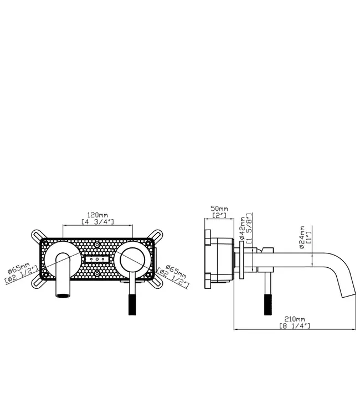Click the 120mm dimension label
pyautogui.click(x=97, y=214)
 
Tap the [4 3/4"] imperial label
pyautogui.click(x=97, y=221)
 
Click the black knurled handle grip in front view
pyautogui.click(x=132, y=302)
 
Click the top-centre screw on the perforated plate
pyautogui.click(x=97, y=244)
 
